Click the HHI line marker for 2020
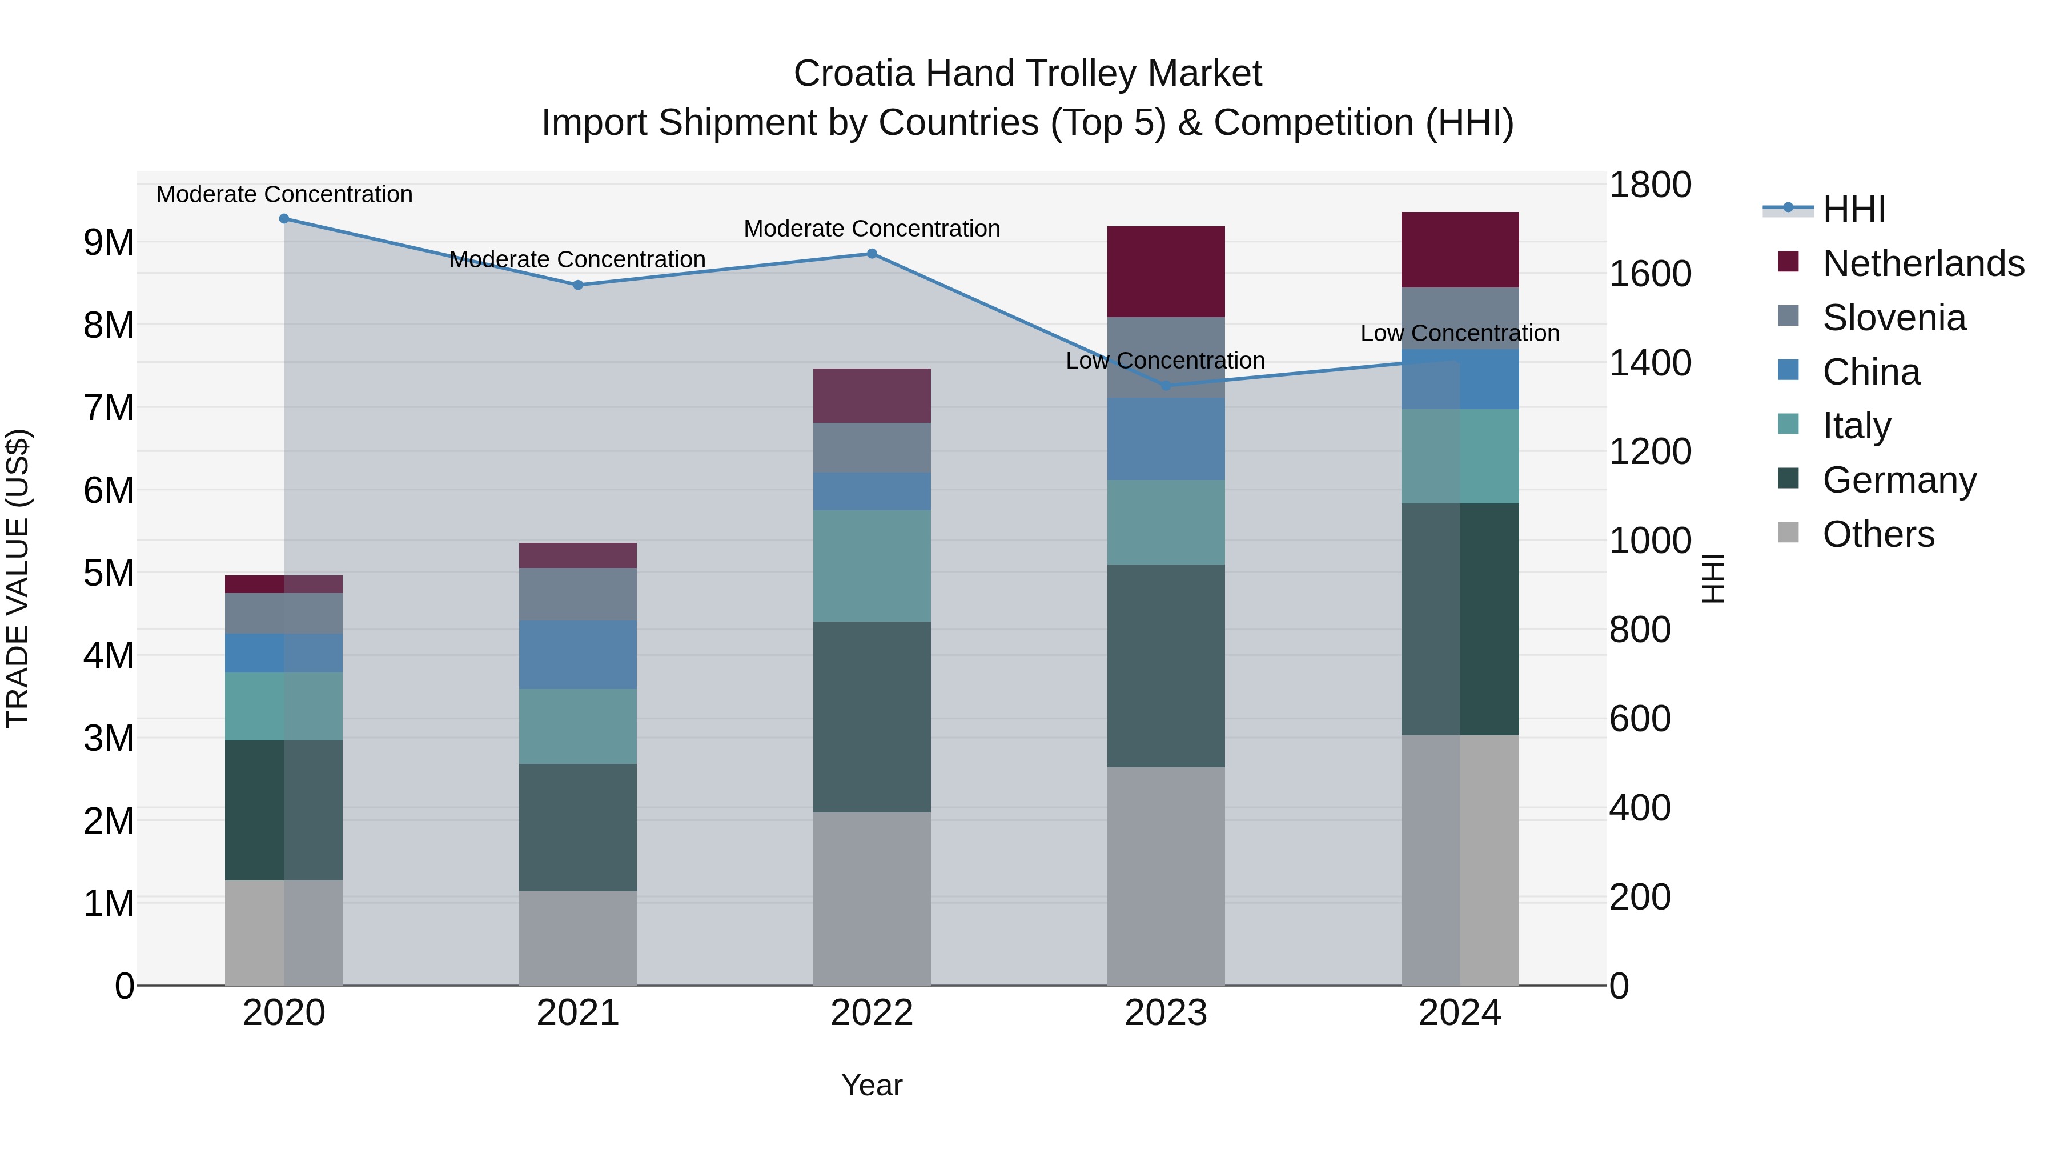click(284, 219)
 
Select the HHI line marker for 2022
click(872, 254)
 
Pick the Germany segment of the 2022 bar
click(872, 716)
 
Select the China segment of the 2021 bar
click(578, 655)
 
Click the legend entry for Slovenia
click(1893, 318)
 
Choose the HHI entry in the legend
click(1853, 209)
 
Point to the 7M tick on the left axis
click(109, 408)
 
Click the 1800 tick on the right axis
click(1649, 185)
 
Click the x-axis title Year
click(872, 1086)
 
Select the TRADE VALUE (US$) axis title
click(18, 578)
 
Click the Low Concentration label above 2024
click(1459, 333)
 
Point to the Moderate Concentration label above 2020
click(284, 194)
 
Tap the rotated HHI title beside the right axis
click(1713, 578)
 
